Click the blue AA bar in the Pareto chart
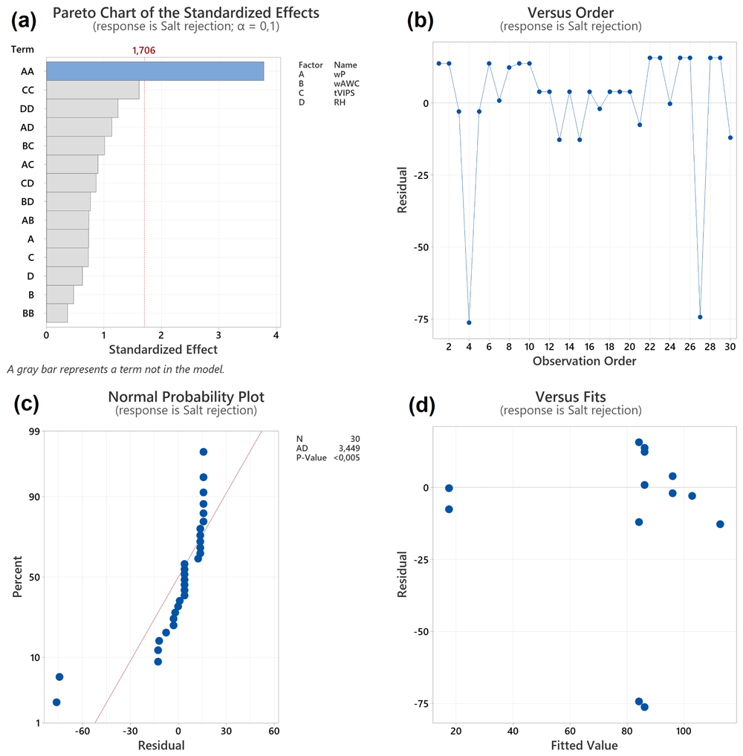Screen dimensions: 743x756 [x=155, y=71]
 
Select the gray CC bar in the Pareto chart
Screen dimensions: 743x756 [x=93, y=90]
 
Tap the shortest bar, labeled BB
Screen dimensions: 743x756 [x=57, y=313]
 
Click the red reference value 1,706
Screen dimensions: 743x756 [x=144, y=50]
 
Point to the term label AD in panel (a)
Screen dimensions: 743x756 [x=27, y=127]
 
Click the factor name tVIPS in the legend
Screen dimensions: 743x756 [x=344, y=93]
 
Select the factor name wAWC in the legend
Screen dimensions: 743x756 [x=346, y=84]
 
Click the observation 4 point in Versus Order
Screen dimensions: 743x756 [x=469, y=322]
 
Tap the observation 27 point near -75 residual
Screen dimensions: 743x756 [x=700, y=317]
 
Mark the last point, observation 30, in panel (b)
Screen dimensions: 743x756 [x=730, y=138]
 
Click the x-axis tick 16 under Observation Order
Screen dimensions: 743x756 [x=590, y=347]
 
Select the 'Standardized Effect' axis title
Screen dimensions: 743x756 [x=163, y=350]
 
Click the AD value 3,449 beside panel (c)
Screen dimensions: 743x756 [x=349, y=449]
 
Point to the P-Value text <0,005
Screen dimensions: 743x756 [x=347, y=457]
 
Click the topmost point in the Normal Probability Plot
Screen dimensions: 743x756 [x=204, y=452]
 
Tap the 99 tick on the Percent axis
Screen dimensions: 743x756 [x=34, y=431]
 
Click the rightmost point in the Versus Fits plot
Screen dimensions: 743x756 [x=720, y=524]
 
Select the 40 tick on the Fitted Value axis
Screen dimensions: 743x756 [x=513, y=731]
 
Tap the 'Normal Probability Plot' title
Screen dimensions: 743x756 [x=186, y=397]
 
